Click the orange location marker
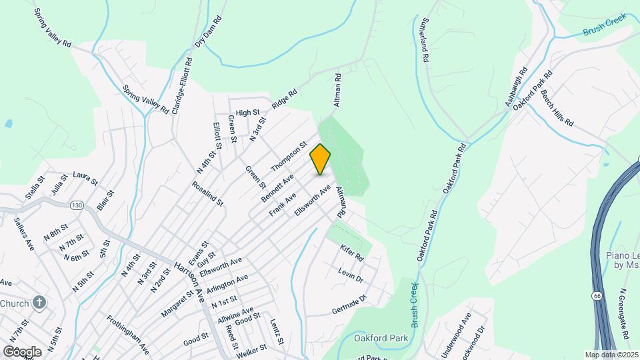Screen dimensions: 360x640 (321, 159)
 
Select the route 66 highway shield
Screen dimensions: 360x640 (595, 295)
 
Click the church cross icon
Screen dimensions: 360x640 (39, 303)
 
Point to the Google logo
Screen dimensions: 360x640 (22, 351)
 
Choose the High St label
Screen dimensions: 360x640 (247, 113)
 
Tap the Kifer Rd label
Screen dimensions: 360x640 (351, 253)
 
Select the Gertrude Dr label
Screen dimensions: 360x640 (349, 306)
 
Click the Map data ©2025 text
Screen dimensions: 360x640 (611, 355)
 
